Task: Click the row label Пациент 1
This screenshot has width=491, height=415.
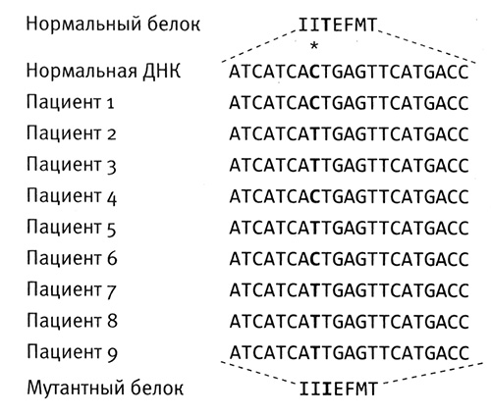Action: [x=70, y=102]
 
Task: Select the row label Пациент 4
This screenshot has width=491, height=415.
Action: [x=72, y=196]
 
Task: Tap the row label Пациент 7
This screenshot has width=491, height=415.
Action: [x=72, y=289]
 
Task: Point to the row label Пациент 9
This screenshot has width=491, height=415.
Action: [x=72, y=352]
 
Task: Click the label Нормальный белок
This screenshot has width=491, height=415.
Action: [x=113, y=25]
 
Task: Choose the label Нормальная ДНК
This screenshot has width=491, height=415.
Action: [x=103, y=71]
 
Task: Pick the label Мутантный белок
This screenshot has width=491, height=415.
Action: [x=105, y=388]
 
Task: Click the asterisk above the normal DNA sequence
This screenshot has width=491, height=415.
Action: [x=314, y=46]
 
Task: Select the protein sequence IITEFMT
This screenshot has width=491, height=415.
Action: [x=338, y=25]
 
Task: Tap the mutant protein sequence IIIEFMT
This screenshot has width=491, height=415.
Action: [x=339, y=389]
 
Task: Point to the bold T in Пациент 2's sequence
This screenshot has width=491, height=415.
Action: [x=315, y=134]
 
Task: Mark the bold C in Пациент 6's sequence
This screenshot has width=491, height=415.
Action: [x=315, y=259]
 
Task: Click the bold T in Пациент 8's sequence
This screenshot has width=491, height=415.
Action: [x=315, y=322]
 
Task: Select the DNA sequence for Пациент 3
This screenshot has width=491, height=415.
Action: [x=349, y=165]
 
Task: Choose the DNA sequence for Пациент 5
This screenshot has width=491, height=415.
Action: [x=349, y=228]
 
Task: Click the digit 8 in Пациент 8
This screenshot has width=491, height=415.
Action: [x=112, y=321]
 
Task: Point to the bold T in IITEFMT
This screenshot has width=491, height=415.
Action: [x=325, y=25]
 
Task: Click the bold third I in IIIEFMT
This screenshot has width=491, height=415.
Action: [x=327, y=389]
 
